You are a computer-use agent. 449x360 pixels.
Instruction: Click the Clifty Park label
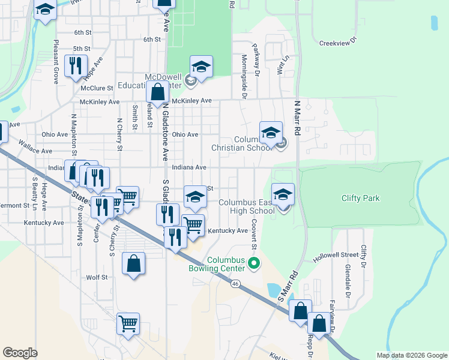point(361,198)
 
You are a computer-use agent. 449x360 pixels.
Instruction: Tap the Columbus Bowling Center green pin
point(254,263)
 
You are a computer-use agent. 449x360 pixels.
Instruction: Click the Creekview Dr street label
point(338,43)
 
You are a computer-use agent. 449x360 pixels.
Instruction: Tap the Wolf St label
point(97,277)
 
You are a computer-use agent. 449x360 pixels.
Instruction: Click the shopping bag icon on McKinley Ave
point(157,93)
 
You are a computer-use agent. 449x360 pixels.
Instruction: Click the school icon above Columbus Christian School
point(271,132)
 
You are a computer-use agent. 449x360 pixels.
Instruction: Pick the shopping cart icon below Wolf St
point(128,323)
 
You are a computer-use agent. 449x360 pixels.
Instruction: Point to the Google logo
point(20,353)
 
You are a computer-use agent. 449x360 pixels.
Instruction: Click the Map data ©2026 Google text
point(411,355)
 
